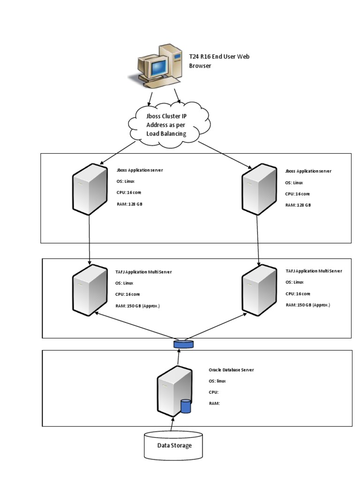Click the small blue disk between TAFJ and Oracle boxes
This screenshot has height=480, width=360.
tap(183, 345)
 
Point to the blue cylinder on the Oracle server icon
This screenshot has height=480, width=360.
tap(186, 406)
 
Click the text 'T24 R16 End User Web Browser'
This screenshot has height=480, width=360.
tap(219, 61)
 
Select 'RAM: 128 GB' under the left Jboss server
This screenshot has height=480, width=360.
tap(129, 205)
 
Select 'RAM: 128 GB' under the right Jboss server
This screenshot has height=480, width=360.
tap(298, 205)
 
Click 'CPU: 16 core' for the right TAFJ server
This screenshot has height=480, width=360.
tap(298, 293)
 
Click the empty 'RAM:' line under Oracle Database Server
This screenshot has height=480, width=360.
tap(215, 403)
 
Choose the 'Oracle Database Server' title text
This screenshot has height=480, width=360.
tap(231, 370)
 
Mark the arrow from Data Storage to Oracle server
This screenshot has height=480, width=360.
tap(172, 424)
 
